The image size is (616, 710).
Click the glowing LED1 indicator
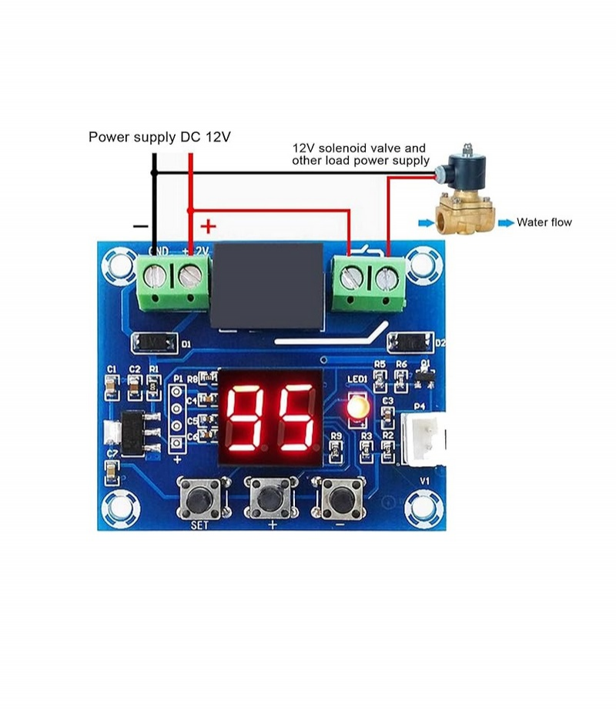pyautogui.click(x=357, y=408)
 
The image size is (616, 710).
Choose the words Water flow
pyautogui.click(x=544, y=222)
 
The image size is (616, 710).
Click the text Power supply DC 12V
pyautogui.click(x=159, y=138)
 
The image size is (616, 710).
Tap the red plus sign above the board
pyautogui.click(x=208, y=227)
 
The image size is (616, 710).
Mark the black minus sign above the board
pyautogui.click(x=140, y=227)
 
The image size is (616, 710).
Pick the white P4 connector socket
pyautogui.click(x=420, y=442)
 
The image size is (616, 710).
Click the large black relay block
pyautogui.click(x=267, y=286)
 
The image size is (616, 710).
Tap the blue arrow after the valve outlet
pyautogui.click(x=505, y=223)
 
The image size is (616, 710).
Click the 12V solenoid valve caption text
pyautogui.click(x=360, y=154)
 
